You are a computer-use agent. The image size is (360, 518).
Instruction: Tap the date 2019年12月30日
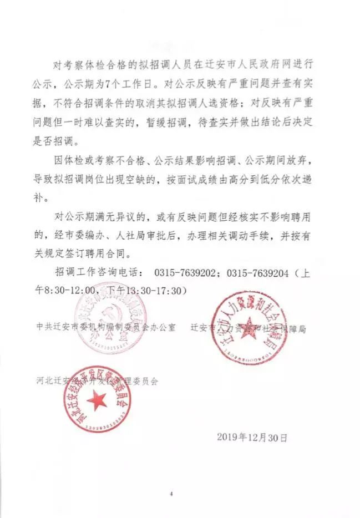tap(252, 437)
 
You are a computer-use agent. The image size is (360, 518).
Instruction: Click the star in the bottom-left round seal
tap(98, 398)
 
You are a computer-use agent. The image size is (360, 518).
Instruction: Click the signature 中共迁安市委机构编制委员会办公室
tap(105, 327)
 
